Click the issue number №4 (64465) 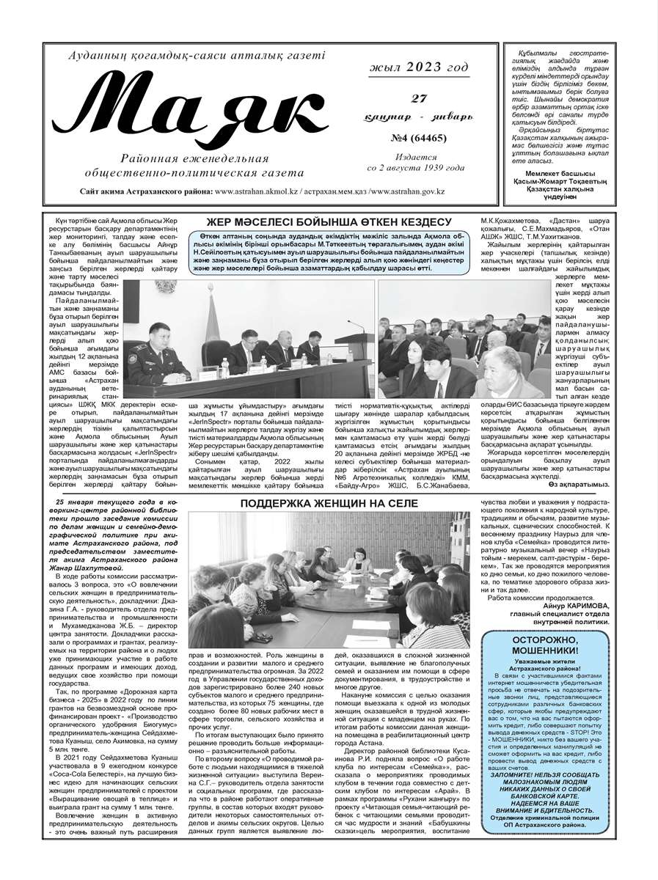coord(417,136)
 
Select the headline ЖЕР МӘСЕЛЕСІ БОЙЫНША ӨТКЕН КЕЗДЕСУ coord(328,221)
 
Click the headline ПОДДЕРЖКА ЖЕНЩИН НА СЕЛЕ coord(329,503)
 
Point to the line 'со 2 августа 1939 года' coord(416,167)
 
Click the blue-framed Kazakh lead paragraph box coord(328,252)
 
